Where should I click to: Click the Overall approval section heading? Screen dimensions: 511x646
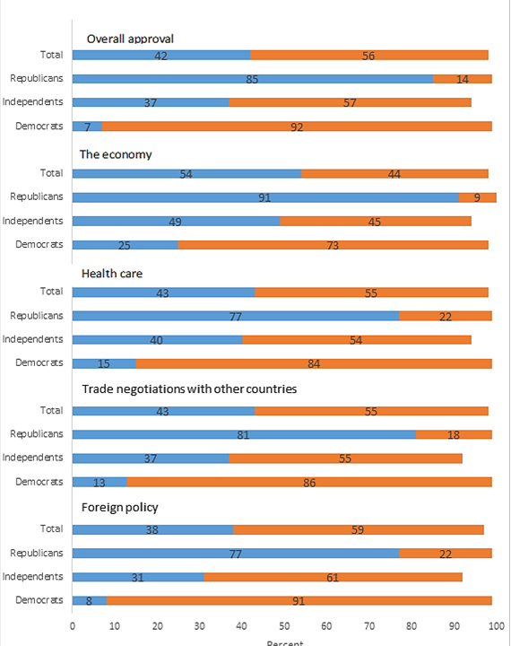coord(130,39)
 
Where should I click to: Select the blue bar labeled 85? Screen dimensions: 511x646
coord(253,79)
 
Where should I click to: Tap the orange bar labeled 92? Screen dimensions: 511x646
coord(297,127)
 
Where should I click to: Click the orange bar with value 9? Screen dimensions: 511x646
coord(478,197)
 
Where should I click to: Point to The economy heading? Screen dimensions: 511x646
coord(116,154)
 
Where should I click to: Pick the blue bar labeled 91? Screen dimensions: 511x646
coord(265,197)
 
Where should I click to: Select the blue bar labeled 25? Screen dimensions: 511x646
coord(126,245)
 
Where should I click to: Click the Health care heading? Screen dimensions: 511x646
coord(112,273)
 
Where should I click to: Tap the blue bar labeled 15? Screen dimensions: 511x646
coord(104,363)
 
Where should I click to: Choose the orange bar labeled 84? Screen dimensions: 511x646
coord(314,363)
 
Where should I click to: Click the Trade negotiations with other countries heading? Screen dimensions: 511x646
coord(189,388)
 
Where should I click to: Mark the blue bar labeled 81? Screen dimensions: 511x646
coord(244,434)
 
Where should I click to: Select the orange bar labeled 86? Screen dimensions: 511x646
coord(309,482)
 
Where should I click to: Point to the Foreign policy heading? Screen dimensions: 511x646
coord(120,507)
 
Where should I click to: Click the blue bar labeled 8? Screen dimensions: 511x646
coord(90,600)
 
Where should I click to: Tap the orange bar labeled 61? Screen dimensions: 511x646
coord(333,577)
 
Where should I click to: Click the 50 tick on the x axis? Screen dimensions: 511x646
coord(284,626)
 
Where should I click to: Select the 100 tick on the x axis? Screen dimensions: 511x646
coord(497,626)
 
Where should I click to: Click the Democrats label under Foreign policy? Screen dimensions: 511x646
coord(39,600)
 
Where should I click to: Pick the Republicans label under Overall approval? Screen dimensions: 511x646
coord(37,78)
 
